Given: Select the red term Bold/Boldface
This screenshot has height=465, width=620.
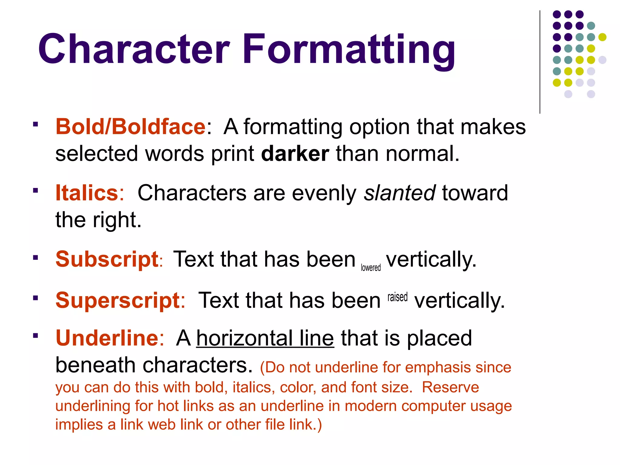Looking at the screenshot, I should click(x=130, y=127).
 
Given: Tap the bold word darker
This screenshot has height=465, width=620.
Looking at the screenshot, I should click(x=295, y=154).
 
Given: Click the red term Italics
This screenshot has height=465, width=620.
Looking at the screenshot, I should click(x=87, y=193).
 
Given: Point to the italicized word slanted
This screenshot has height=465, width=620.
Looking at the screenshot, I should click(x=400, y=193).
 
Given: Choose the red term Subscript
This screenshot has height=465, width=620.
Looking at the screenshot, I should click(x=107, y=259).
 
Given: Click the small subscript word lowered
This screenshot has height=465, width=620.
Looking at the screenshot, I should click(x=371, y=268).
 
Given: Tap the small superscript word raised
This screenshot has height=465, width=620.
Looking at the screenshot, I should click(x=397, y=297).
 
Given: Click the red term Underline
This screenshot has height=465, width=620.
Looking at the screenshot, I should click(x=107, y=338).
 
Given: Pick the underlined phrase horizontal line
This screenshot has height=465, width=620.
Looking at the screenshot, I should click(x=265, y=338).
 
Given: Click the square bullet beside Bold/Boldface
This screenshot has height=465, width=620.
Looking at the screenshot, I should click(x=36, y=124).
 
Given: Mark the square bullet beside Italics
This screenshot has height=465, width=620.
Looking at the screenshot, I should click(x=36, y=191).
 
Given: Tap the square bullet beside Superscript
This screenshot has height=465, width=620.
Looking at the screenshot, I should click(x=36, y=298).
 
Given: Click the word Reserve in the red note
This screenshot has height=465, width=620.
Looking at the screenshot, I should click(x=450, y=387).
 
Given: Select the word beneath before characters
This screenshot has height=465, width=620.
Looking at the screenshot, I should click(x=95, y=365).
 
